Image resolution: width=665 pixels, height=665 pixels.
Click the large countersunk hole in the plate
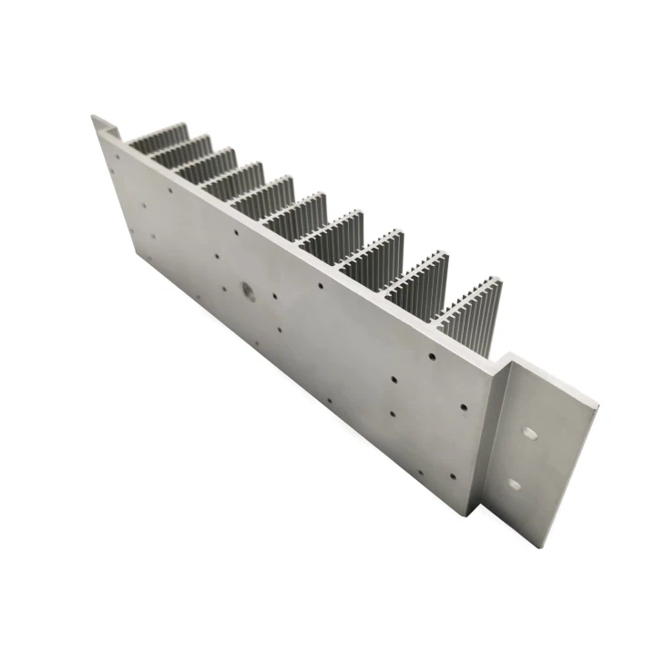[x=247, y=293]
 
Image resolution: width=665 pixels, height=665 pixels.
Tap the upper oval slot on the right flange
[x=527, y=427]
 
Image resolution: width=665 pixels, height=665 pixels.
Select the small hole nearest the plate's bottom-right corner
[x=452, y=474]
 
